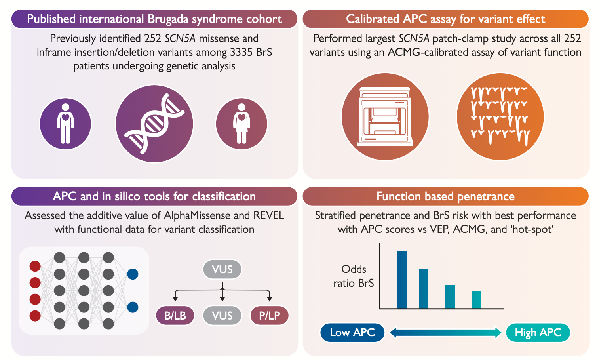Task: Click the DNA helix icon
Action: [x=154, y=124]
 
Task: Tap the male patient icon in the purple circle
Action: [x=65, y=124]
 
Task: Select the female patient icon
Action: [x=241, y=124]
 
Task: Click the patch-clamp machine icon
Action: [x=385, y=116]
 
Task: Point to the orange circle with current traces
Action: [x=500, y=116]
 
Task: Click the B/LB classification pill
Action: [x=175, y=316]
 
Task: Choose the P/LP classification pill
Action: [x=270, y=316]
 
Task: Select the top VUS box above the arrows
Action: [x=222, y=270]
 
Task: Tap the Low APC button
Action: [x=352, y=332]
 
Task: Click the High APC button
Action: [x=538, y=332]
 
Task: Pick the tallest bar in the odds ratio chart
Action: [x=401, y=279]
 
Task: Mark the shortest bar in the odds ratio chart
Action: [x=476, y=300]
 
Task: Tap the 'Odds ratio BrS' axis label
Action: [x=354, y=276]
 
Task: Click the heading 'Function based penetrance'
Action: [x=445, y=196]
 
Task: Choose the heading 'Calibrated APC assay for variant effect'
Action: [x=445, y=19]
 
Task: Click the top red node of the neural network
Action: [x=35, y=266]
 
